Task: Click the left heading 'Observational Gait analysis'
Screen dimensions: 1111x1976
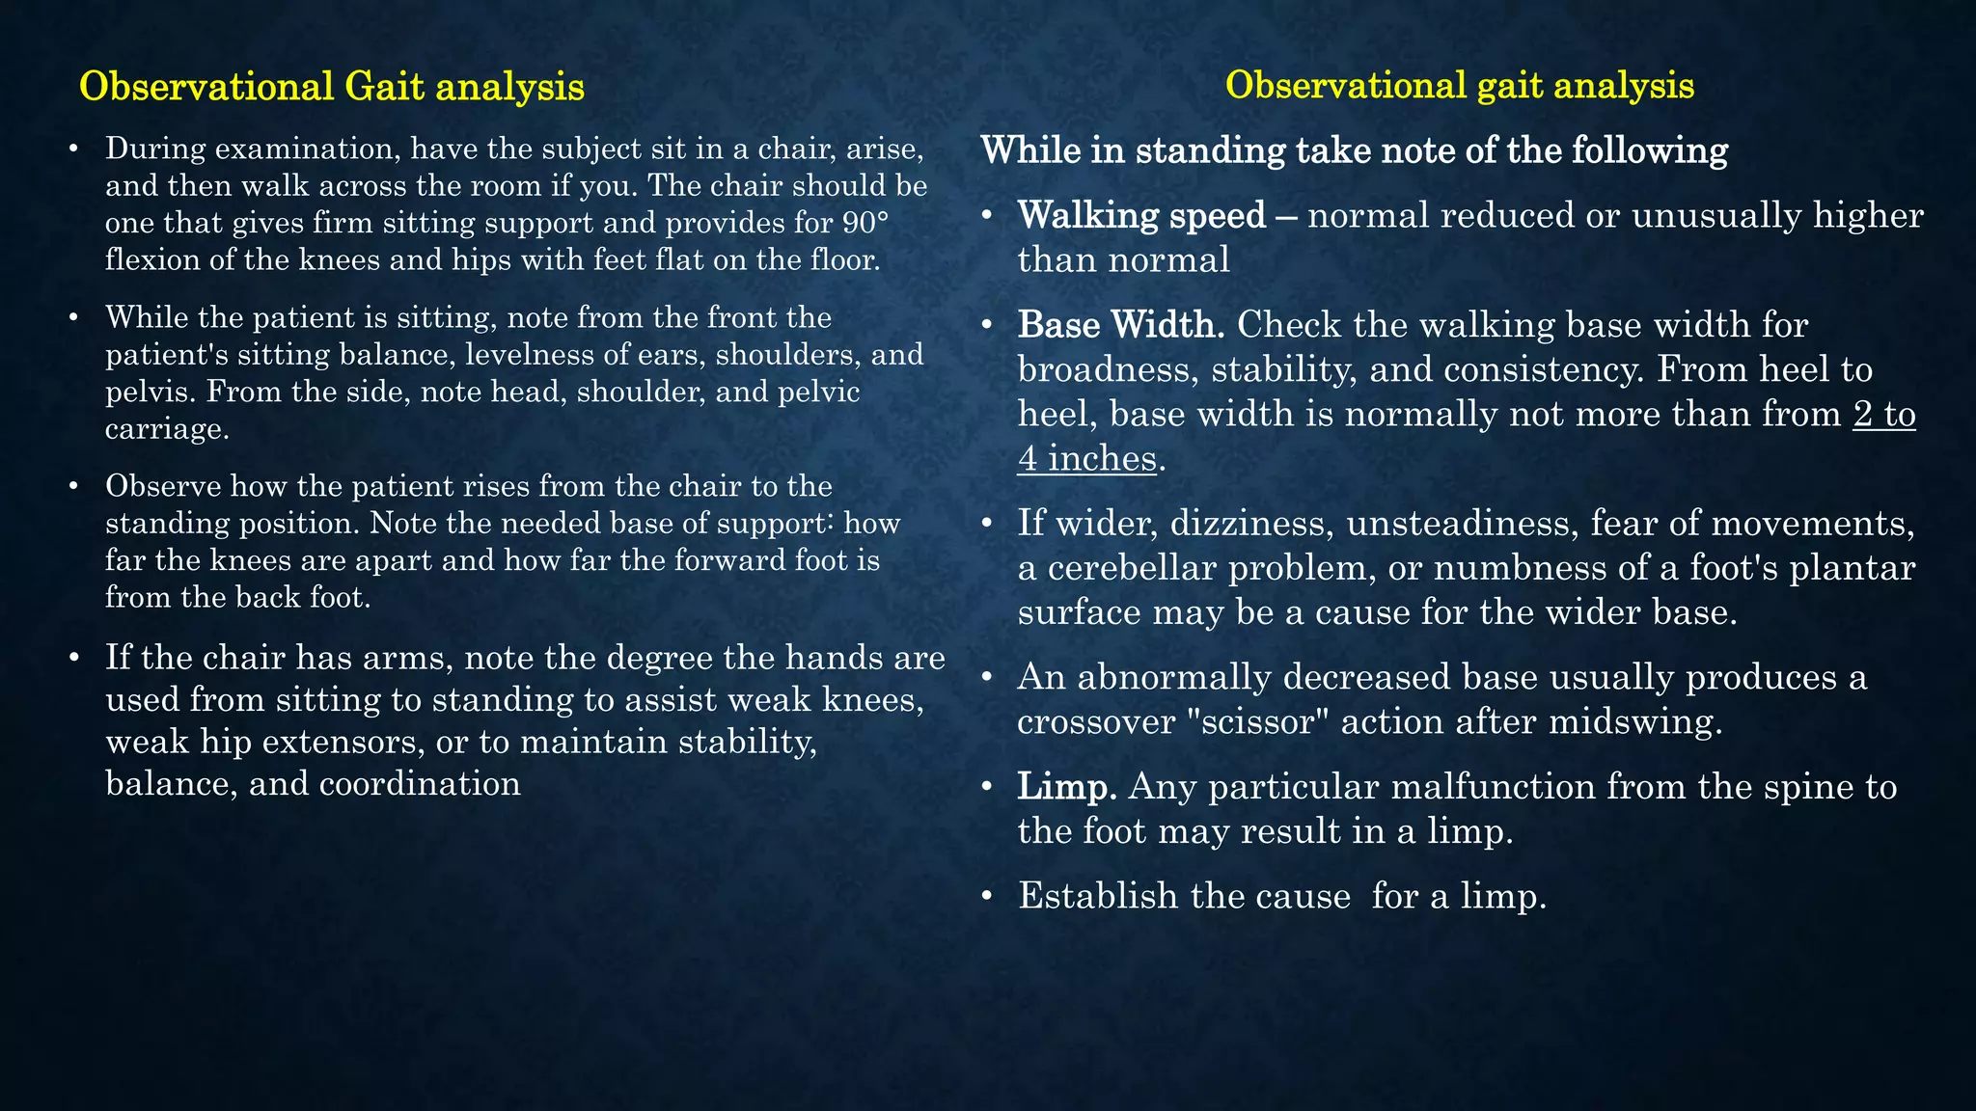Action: coord(331,87)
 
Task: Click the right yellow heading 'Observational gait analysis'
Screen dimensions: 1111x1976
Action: coord(1459,86)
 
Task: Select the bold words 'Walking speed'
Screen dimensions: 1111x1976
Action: coord(1141,215)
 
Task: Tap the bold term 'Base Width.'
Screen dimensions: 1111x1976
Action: coord(1120,325)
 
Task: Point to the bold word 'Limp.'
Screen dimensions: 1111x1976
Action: coord(1067,787)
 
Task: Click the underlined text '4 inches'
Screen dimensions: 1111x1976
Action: coord(1086,458)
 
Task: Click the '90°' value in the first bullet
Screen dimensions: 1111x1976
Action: coord(864,223)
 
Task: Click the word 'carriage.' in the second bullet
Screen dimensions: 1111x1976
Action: coord(167,428)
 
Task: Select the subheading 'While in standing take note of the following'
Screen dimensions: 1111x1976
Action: coord(1354,150)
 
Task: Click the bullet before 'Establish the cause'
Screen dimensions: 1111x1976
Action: coord(986,897)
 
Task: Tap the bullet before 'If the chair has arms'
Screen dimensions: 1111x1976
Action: coord(74,659)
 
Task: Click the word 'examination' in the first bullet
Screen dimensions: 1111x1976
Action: coord(310,149)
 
